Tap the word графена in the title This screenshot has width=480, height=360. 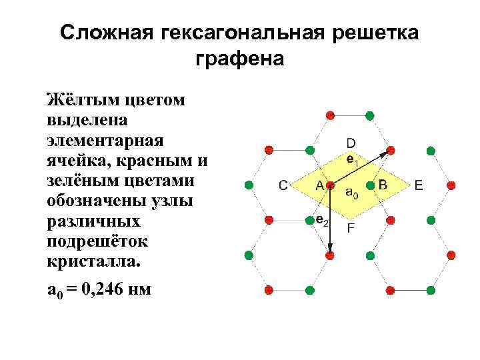[x=240, y=59]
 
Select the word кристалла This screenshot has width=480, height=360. [x=93, y=261]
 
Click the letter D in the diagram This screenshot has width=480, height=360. [x=351, y=143]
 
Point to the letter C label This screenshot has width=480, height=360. [x=283, y=185]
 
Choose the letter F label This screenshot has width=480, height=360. [x=351, y=228]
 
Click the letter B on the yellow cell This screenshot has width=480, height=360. [x=383, y=183]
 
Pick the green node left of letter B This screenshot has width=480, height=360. [x=370, y=185]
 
